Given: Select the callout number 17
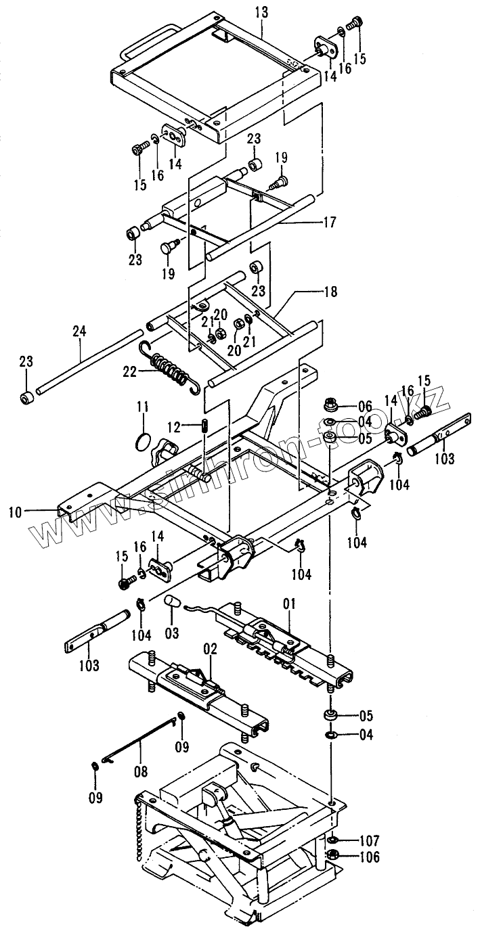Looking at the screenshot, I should point(330,221).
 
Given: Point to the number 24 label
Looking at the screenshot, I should point(80,332).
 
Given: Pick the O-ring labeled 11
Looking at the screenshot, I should point(141,441).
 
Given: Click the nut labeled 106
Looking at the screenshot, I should point(333,855).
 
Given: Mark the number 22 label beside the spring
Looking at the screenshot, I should point(129,371).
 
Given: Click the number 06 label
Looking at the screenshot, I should point(365,407).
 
